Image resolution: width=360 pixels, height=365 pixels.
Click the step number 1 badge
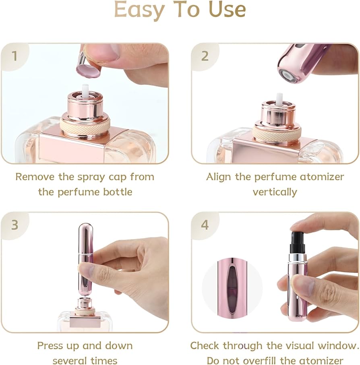point(14,56)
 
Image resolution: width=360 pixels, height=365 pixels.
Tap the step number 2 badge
point(205,56)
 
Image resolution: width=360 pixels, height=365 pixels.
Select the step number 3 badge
point(14,225)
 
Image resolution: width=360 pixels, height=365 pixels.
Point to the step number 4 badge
point(205,225)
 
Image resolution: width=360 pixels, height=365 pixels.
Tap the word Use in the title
point(227,10)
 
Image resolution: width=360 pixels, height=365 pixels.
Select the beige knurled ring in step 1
point(85,127)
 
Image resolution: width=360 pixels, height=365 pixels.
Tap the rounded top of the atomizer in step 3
point(86,229)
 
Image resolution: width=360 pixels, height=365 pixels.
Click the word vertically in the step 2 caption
point(275,192)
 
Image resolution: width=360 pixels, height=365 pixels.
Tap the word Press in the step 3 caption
point(50,346)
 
